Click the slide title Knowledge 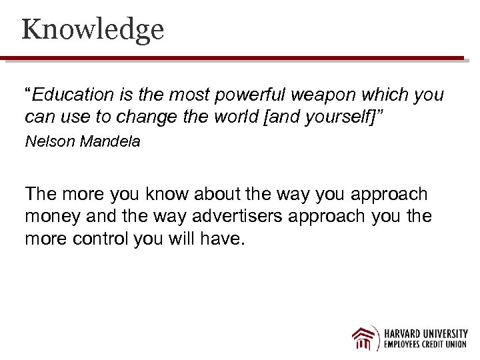(x=92, y=30)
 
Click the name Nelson (x=49, y=141)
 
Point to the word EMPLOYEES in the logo (x=403, y=345)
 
